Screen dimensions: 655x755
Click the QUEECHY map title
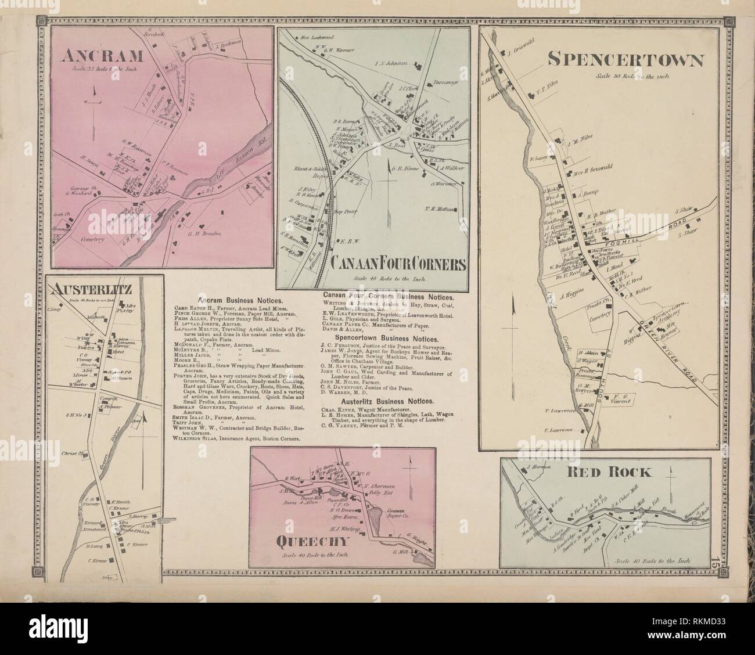tap(312, 542)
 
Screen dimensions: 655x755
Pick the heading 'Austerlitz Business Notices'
tap(388, 401)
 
